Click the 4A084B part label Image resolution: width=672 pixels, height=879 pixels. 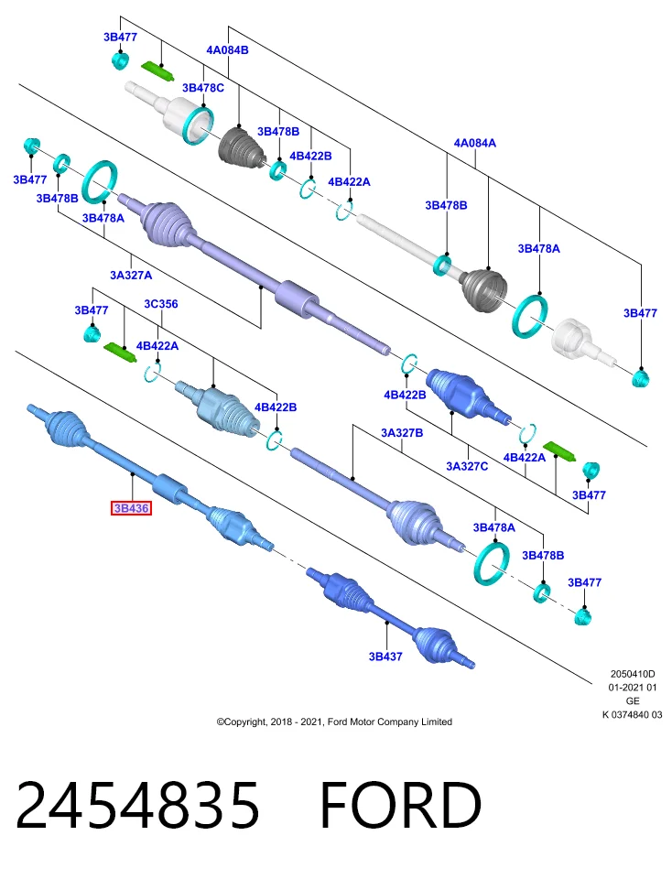(228, 49)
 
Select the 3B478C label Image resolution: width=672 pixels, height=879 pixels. (203, 88)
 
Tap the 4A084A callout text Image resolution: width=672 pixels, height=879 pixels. (475, 143)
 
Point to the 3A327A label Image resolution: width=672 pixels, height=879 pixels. (131, 276)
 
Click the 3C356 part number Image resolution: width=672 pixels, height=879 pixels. (161, 304)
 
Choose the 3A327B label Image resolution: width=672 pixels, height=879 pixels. (402, 433)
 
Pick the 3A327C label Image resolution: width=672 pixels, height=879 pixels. (467, 466)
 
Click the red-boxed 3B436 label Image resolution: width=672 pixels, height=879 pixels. (131, 508)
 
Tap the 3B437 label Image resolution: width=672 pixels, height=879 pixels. (385, 657)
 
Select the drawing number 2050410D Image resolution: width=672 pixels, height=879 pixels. (633, 674)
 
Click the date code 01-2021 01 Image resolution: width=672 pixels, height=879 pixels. (633, 688)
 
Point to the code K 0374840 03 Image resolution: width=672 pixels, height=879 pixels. (633, 715)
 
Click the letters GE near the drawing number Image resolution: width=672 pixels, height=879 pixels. (633, 700)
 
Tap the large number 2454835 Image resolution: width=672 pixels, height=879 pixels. (138, 805)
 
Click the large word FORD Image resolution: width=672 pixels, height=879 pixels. (400, 805)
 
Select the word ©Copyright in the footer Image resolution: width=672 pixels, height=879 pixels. (241, 722)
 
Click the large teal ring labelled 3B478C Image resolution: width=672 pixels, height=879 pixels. (198, 125)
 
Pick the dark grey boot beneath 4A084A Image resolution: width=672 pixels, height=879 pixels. (485, 290)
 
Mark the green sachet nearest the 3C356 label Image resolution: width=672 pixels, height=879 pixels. (120, 353)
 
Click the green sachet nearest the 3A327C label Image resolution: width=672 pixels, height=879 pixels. (558, 451)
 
